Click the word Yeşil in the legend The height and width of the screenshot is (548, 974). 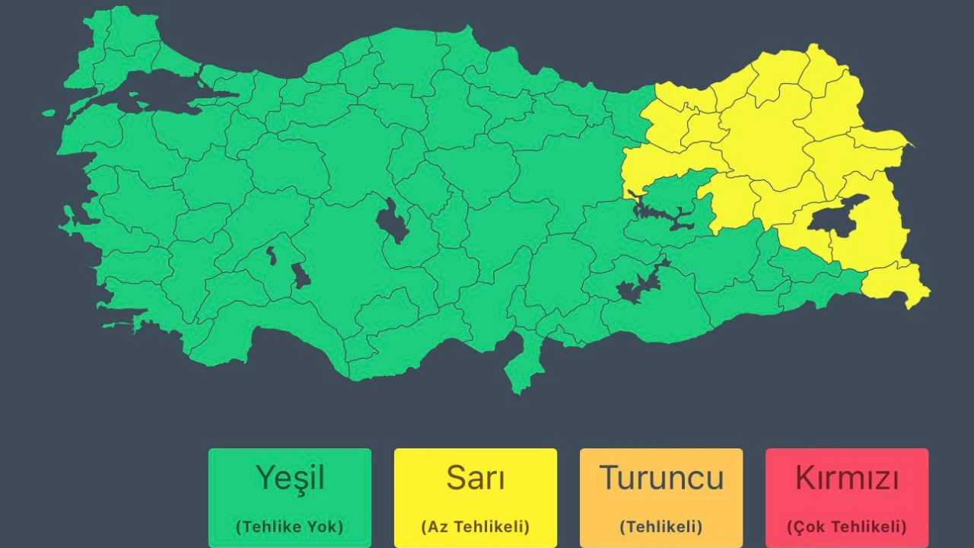click(x=290, y=478)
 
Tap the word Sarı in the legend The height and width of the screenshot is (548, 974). click(x=476, y=478)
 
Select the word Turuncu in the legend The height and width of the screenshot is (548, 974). click(x=661, y=478)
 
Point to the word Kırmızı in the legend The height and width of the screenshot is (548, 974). click(x=847, y=478)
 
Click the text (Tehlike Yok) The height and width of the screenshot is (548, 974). click(x=290, y=526)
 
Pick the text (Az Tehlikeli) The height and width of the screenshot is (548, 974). click(x=476, y=526)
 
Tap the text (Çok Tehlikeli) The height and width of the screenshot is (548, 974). click(x=847, y=526)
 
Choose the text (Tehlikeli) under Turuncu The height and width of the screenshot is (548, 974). click(x=661, y=526)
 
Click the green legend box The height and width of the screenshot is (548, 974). click(x=290, y=499)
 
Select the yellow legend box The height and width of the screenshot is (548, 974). click(x=476, y=499)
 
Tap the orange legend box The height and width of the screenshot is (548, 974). click(x=661, y=499)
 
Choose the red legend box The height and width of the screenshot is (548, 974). click(x=847, y=499)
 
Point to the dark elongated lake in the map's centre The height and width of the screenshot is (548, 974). click(x=392, y=221)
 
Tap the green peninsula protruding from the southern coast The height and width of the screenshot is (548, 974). click(x=524, y=365)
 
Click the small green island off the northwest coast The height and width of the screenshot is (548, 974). click(x=49, y=113)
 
